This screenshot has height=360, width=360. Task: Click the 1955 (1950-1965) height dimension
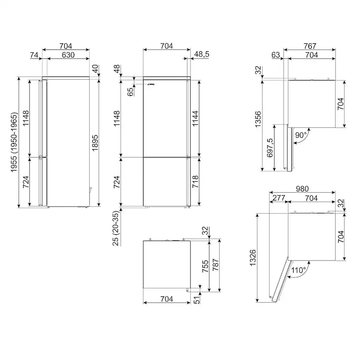tap(14, 142)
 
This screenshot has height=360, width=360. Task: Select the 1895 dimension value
tap(95, 143)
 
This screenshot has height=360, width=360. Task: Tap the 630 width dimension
tap(68, 55)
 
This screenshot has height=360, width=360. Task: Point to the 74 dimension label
tap(34, 55)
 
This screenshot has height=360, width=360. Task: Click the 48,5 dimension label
tap(202, 54)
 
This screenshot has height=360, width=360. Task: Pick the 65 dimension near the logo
tap(130, 92)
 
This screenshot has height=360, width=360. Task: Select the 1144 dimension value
tap(195, 118)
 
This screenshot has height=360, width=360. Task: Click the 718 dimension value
tap(195, 182)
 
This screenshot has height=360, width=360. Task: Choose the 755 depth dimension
tap(205, 267)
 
